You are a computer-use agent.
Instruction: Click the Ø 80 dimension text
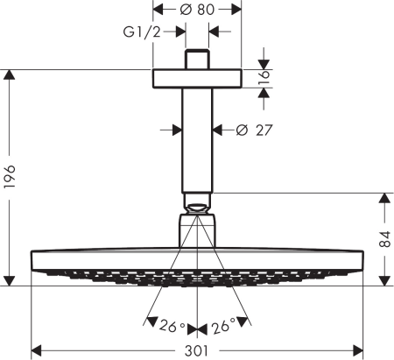197,10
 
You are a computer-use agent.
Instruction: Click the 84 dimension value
383,239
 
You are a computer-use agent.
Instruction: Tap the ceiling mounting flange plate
197,78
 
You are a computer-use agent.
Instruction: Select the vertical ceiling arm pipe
197,140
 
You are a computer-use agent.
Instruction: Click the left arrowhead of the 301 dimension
37,350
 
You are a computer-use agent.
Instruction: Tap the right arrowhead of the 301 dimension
356,350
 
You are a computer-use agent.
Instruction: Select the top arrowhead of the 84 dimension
383,198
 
